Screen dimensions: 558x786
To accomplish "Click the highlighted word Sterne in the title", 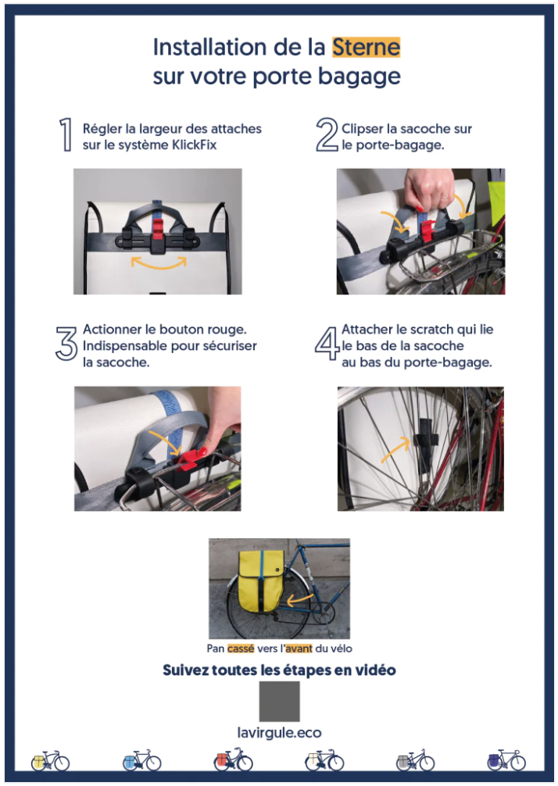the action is click(366, 47).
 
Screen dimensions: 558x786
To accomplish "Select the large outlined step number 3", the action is click(66, 343).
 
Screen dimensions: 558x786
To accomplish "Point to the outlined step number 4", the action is click(327, 343).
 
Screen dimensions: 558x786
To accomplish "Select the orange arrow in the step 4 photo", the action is click(394, 448).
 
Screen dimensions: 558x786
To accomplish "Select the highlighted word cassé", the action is click(241, 648).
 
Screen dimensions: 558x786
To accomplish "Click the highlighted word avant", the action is click(299, 648).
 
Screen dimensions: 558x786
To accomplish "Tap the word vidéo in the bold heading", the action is click(374, 670).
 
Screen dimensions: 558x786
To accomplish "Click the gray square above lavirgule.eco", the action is click(279, 701).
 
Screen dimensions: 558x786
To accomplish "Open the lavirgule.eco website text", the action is click(279, 733).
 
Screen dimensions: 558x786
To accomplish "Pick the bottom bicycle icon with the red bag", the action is click(233, 760).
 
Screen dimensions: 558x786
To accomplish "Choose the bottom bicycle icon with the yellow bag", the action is click(50, 761).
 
